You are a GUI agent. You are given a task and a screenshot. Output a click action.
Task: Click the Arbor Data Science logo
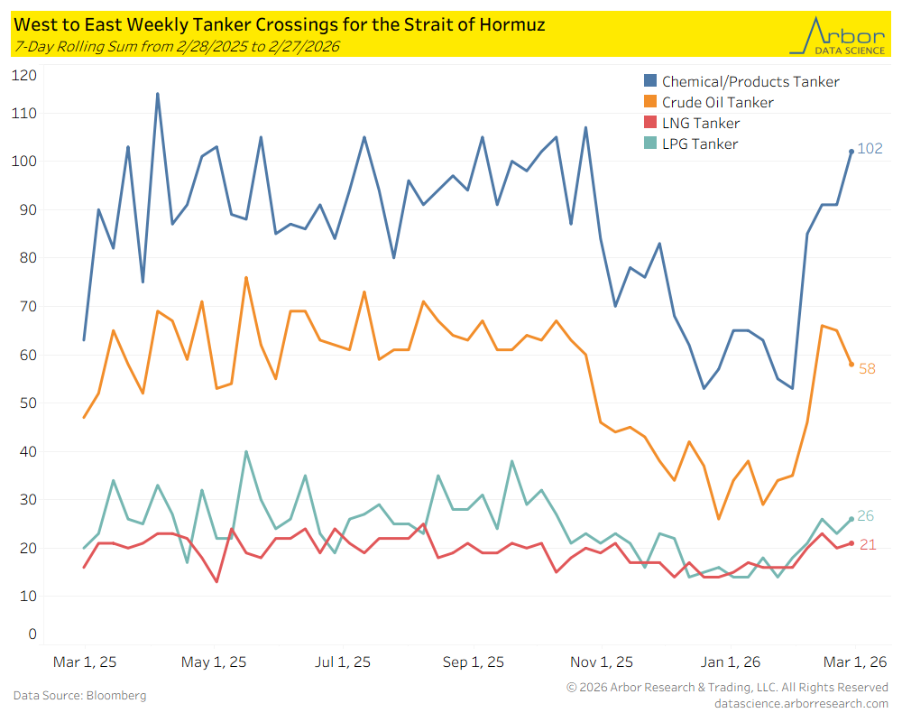(x=836, y=34)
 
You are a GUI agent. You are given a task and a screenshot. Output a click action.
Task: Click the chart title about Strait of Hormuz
(x=280, y=24)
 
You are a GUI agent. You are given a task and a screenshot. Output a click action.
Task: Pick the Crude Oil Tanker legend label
(x=717, y=103)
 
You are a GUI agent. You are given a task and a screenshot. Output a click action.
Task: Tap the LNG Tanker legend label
(x=701, y=124)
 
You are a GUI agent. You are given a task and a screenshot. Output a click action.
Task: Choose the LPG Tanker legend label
(x=700, y=144)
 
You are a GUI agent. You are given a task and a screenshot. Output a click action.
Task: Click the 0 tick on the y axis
(x=32, y=634)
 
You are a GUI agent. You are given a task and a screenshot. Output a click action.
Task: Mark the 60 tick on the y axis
(x=28, y=355)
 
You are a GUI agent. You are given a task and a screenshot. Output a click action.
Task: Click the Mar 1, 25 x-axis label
(x=84, y=662)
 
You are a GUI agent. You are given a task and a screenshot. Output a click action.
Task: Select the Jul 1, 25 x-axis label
(x=344, y=662)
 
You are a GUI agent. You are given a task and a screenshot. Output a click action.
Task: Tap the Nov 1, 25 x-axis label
(x=602, y=662)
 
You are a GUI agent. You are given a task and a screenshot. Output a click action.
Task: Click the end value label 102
(x=870, y=149)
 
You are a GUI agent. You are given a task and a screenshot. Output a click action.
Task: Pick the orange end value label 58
(x=867, y=369)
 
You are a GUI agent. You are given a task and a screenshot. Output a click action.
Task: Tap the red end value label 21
(x=867, y=544)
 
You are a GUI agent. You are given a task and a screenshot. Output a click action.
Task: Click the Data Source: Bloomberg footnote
(x=79, y=696)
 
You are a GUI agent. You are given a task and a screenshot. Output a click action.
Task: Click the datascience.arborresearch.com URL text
(x=801, y=703)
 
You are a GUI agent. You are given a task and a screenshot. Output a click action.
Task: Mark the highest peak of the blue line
(x=157, y=94)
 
